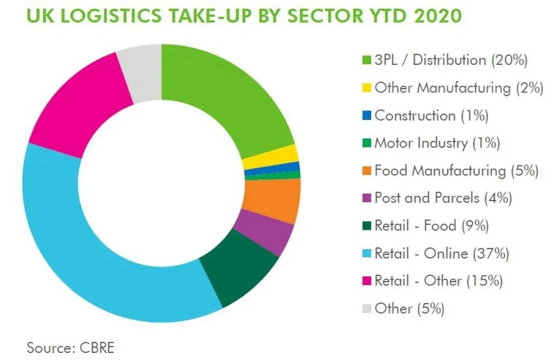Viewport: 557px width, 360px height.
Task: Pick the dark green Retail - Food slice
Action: click(x=240, y=270)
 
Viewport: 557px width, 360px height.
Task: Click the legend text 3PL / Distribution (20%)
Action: click(x=451, y=60)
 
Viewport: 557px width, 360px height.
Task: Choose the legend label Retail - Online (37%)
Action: click(x=442, y=253)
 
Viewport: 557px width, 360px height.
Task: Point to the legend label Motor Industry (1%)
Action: click(x=437, y=143)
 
